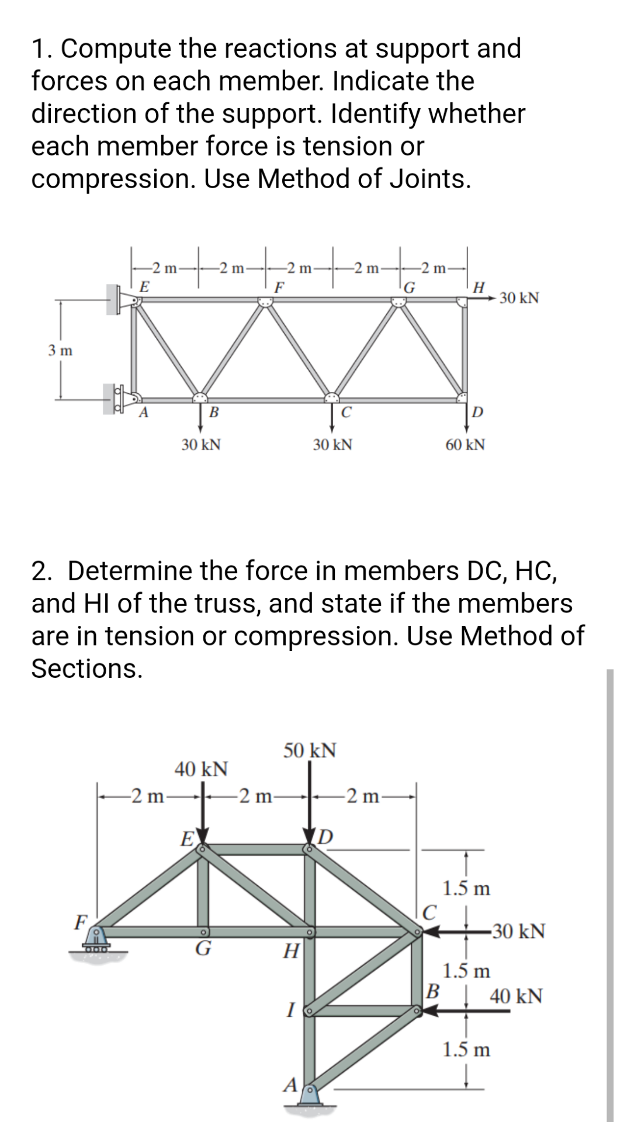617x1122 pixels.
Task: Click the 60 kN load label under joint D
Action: [x=465, y=445]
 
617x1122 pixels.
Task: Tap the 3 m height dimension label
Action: [x=60, y=351]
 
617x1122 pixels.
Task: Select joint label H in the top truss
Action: [x=479, y=287]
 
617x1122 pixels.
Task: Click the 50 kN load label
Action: [x=310, y=750]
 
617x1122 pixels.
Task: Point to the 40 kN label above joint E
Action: [x=202, y=768]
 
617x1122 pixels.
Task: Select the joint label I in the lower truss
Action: [x=290, y=1009]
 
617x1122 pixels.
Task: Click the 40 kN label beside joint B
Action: [x=516, y=995]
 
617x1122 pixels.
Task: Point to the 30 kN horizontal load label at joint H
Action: [x=519, y=299]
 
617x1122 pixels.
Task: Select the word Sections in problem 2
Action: [x=86, y=668]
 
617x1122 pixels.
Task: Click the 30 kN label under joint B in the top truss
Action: [x=200, y=445]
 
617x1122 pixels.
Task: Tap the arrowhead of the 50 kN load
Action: [x=310, y=833]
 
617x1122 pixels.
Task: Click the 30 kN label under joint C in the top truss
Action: [x=332, y=445]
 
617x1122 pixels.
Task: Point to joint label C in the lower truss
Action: [x=429, y=912]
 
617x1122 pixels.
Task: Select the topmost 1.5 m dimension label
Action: [x=466, y=889]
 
